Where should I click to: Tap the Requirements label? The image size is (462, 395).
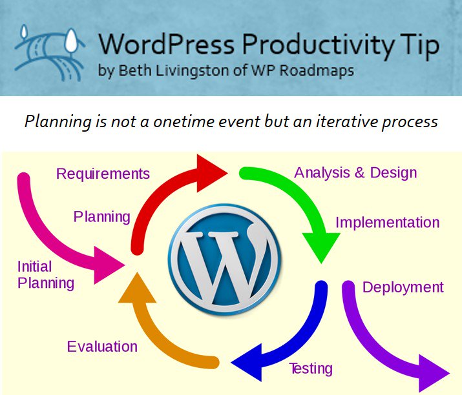[103, 174]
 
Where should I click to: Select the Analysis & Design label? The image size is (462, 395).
[355, 172]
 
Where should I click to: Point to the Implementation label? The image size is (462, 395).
[387, 223]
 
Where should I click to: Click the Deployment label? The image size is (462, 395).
[403, 287]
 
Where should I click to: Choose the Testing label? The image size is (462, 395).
[311, 369]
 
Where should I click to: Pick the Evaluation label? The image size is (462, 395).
[102, 347]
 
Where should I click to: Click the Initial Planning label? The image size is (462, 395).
[45, 274]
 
